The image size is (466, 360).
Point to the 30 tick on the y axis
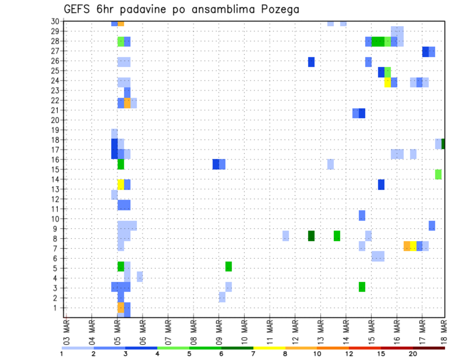(x=55, y=21)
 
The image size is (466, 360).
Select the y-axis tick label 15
(x=55, y=169)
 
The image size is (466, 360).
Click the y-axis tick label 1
(x=57, y=308)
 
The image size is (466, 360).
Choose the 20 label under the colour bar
(x=413, y=354)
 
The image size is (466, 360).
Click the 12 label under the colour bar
(x=349, y=354)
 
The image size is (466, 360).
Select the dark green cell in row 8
(x=311, y=236)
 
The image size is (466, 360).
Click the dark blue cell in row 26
(x=311, y=62)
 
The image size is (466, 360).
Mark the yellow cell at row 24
(x=387, y=82)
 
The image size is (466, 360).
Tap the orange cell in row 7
(x=407, y=246)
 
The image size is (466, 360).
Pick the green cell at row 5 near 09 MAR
(x=228, y=266)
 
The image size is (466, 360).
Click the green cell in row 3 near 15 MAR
(x=362, y=287)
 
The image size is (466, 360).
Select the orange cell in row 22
(x=127, y=103)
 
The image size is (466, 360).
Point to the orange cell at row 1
(x=121, y=308)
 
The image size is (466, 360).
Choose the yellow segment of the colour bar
(x=269, y=348)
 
